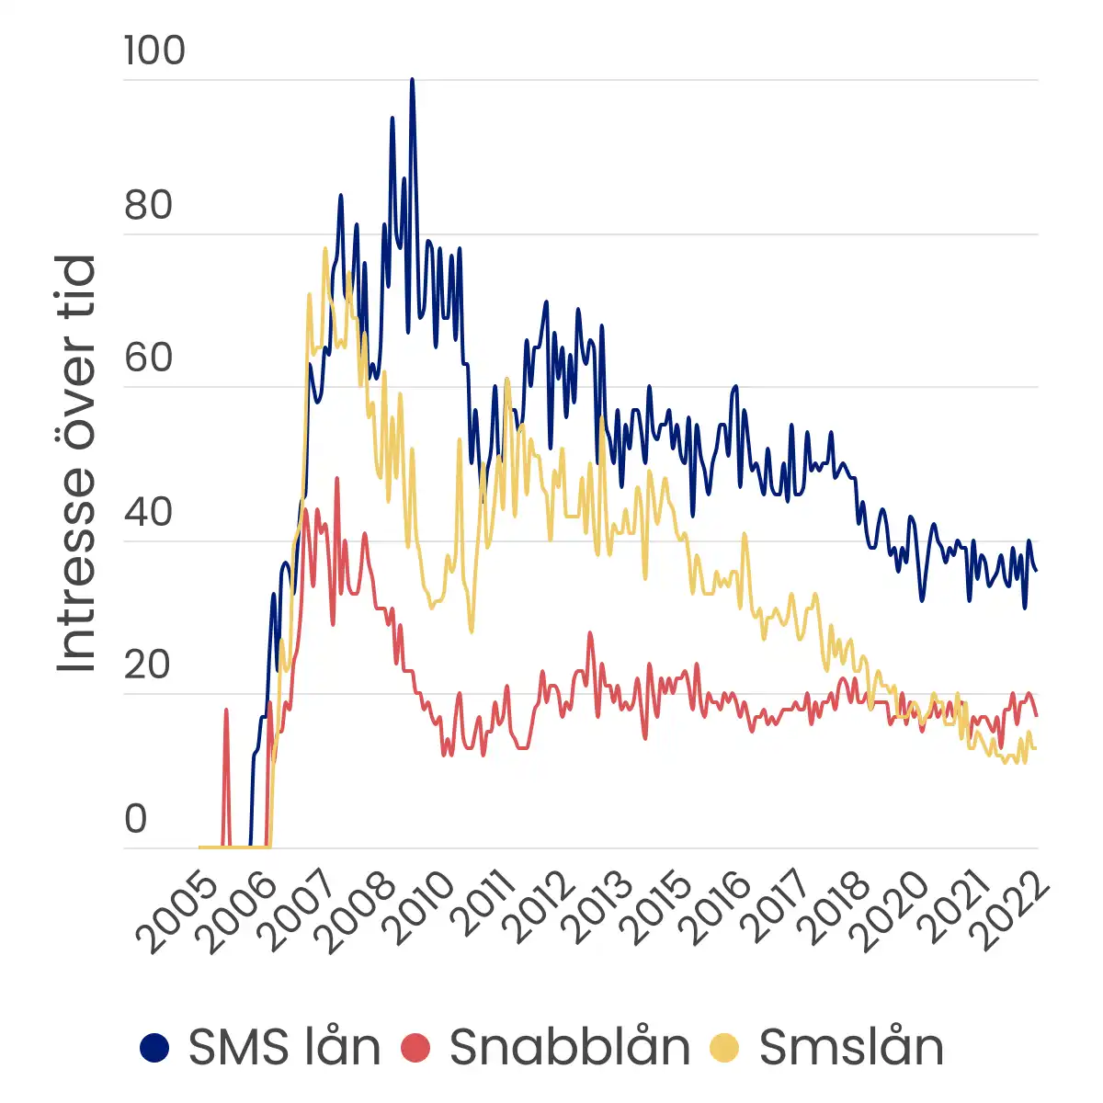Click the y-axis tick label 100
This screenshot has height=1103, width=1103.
pos(154,51)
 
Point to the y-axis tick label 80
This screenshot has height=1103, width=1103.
pos(149,205)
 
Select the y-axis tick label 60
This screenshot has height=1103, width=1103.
pos(149,358)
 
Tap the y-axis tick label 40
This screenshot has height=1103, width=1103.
pos(149,511)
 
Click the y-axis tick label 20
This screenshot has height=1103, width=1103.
pos(149,665)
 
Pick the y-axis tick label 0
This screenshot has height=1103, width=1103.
pos(136,818)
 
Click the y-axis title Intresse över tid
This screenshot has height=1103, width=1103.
pos(76,464)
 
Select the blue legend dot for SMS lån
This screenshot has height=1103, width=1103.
pos(155,1047)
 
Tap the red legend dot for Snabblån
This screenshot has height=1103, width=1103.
pos(416,1047)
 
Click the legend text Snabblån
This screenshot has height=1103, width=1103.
pos(570,1047)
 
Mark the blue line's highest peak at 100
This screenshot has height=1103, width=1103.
pos(412,80)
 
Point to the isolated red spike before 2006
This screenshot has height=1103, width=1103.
pos(226,711)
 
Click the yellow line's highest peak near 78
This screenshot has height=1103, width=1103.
pos(325,249)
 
